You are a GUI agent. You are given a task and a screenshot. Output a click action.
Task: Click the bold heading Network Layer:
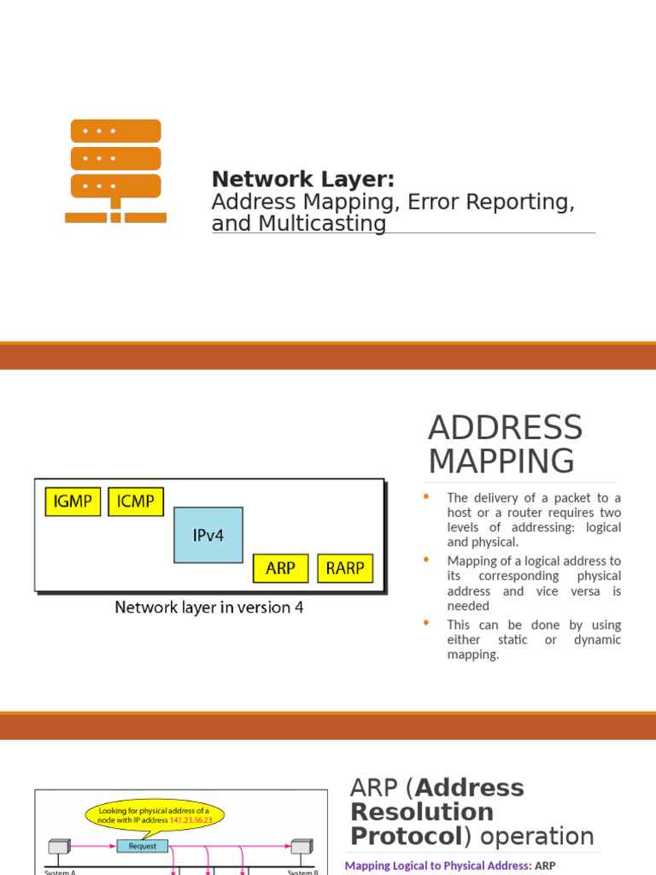[x=303, y=179]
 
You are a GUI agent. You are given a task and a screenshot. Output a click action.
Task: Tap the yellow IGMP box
[x=73, y=502]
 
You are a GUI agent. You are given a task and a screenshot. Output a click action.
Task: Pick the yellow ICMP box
[x=135, y=502]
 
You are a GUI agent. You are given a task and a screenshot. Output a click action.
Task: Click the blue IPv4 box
[x=208, y=535]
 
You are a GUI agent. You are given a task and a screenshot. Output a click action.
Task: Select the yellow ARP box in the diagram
[x=281, y=568]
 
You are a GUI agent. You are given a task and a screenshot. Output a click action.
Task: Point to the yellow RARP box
[x=345, y=568]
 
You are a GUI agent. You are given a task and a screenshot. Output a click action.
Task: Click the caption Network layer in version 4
[x=209, y=608]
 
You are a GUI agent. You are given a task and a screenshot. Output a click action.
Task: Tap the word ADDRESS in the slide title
[x=505, y=428]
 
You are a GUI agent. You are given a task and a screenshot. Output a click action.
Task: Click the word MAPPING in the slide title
[x=501, y=461]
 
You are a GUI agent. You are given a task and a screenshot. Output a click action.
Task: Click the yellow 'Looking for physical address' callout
[x=155, y=814]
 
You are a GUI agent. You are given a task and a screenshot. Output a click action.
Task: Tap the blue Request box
[x=143, y=846]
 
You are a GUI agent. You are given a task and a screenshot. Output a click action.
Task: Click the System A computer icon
[x=58, y=848]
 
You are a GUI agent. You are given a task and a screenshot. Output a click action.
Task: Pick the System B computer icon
[x=302, y=848]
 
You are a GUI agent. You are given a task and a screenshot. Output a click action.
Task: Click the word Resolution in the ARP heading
[x=422, y=812]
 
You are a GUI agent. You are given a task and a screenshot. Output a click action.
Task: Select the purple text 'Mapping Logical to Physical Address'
[x=436, y=866]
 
